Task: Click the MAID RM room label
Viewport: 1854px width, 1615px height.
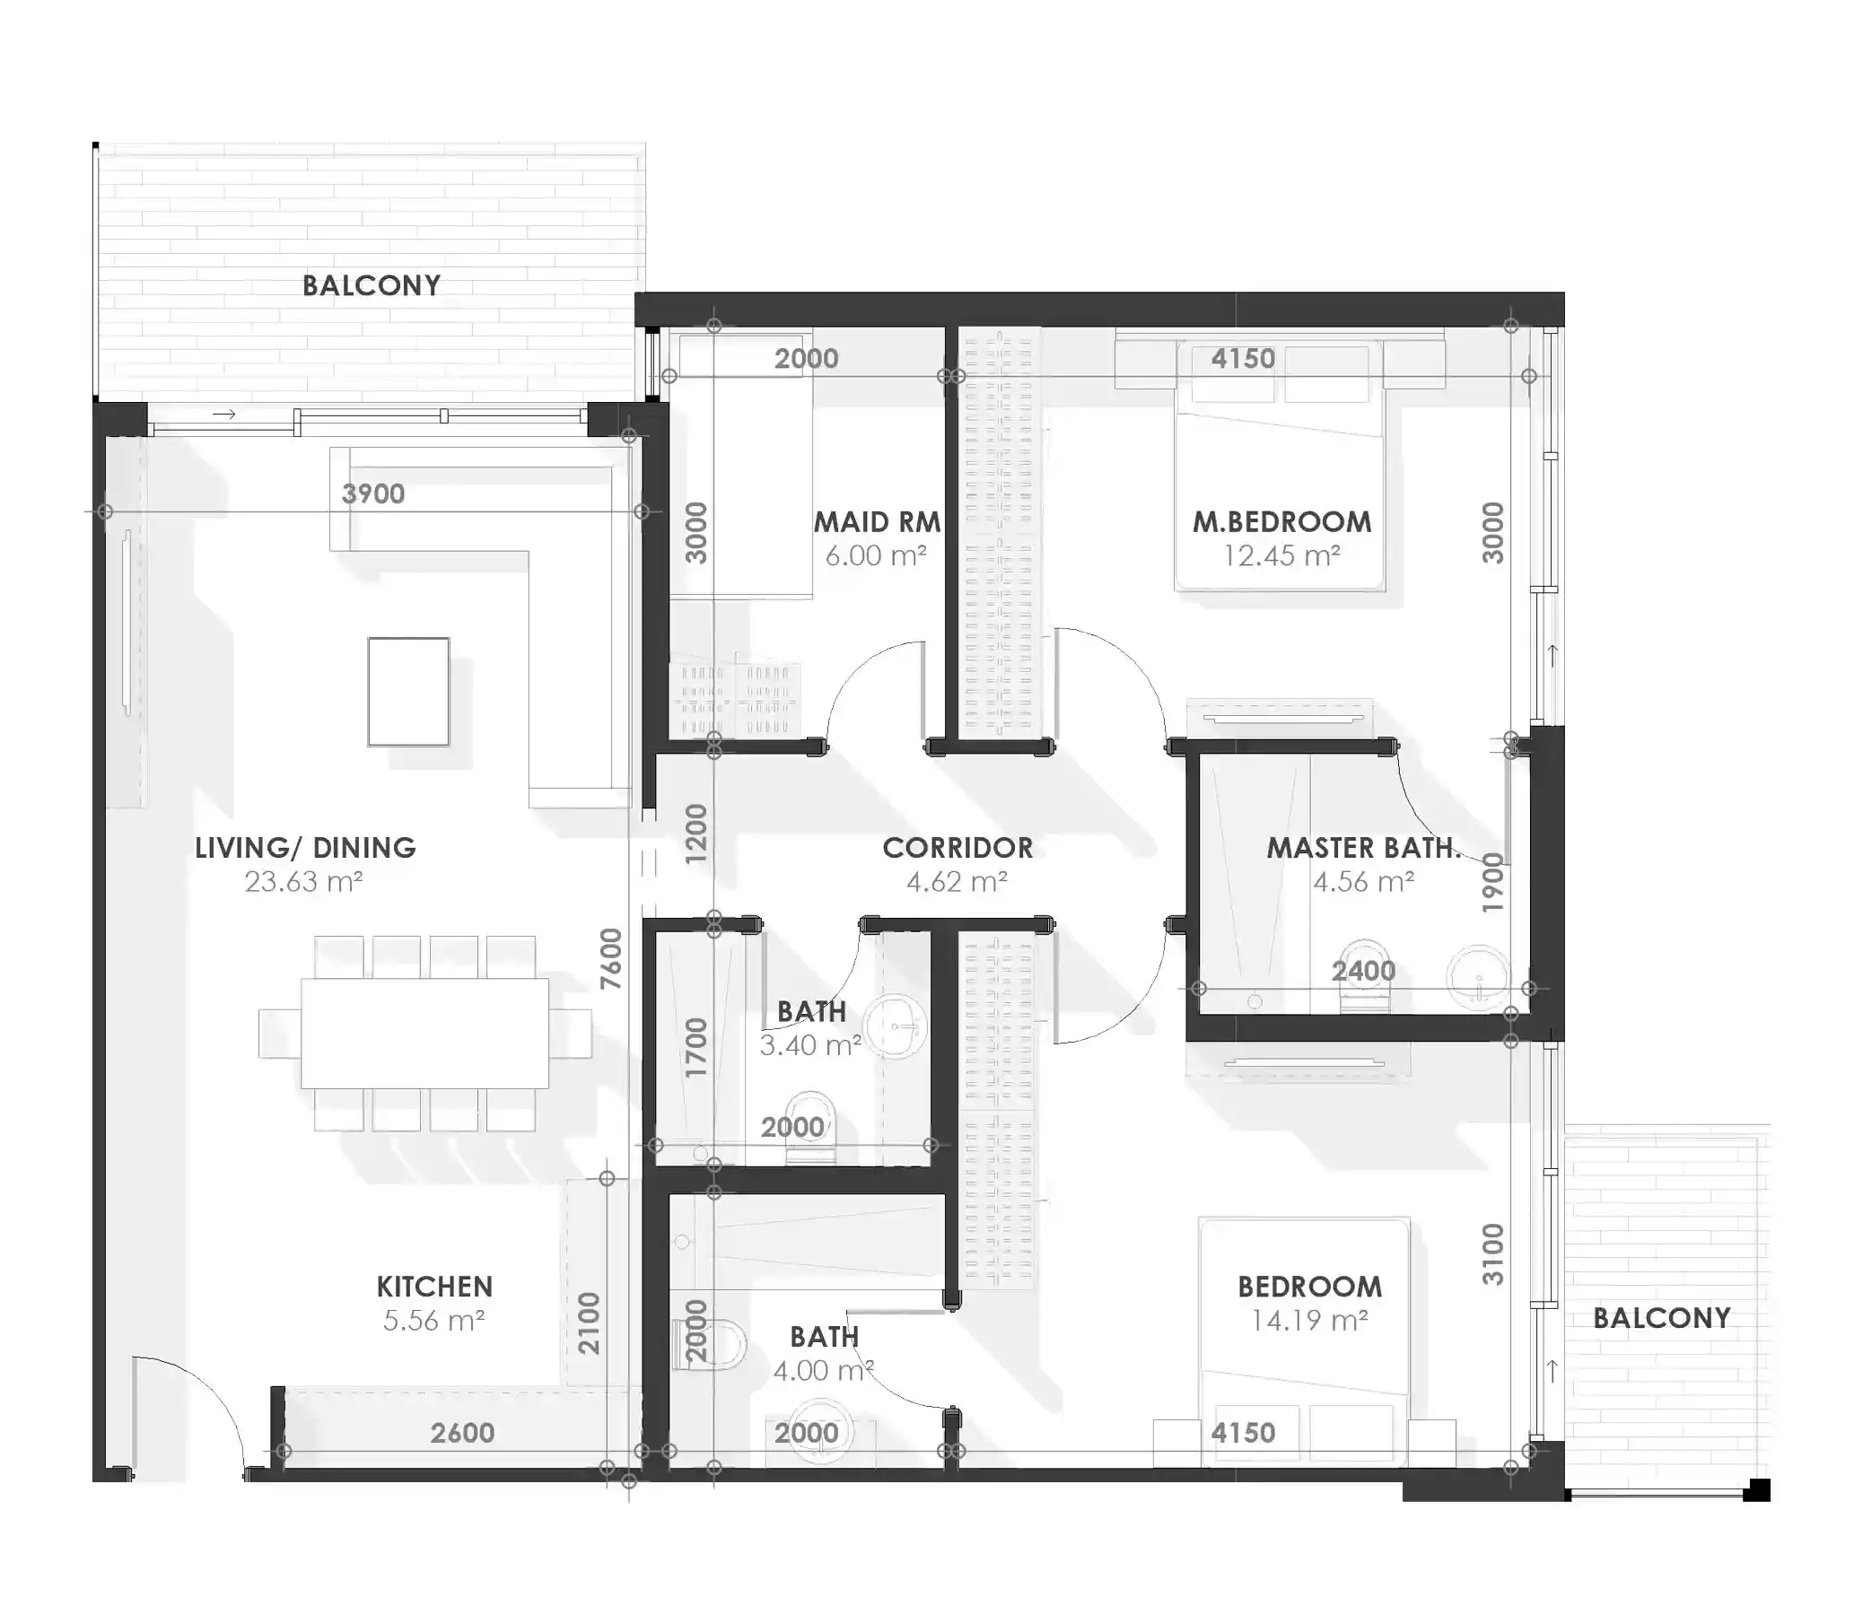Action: point(876,522)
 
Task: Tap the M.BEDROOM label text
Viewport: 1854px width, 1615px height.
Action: point(1281,522)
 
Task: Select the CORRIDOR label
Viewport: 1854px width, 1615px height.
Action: point(958,847)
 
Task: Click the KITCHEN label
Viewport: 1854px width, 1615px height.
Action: point(434,1286)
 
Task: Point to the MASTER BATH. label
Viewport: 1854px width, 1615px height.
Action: point(1362,847)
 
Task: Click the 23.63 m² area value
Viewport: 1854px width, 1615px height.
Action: point(303,881)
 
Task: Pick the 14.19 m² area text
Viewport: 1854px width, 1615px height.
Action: point(1308,1321)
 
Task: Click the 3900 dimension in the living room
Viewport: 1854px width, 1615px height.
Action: point(373,493)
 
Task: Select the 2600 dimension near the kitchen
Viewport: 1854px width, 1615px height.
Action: point(462,1433)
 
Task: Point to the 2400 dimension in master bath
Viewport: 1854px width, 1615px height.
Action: point(1364,971)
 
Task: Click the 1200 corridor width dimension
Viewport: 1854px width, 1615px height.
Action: point(696,834)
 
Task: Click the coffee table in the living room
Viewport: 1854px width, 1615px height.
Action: point(408,691)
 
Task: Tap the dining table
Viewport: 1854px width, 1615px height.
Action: point(424,1033)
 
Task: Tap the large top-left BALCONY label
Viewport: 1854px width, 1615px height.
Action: point(372,285)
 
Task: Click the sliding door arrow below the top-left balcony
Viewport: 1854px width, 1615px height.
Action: point(224,415)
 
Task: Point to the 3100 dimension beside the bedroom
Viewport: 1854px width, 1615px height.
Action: point(1493,1253)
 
